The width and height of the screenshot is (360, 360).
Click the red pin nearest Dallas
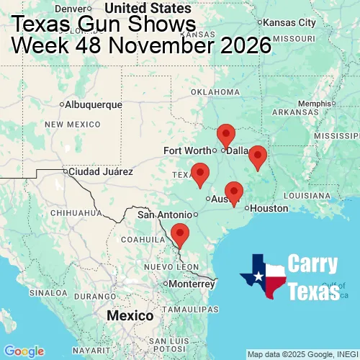coord(226,135)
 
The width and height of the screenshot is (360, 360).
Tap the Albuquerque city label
coord(93,104)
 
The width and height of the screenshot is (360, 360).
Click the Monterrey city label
coord(193,284)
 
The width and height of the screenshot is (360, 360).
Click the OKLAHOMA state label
coord(215,92)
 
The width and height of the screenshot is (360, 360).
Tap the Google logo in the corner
coord(23,351)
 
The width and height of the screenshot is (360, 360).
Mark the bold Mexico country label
coord(130,316)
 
